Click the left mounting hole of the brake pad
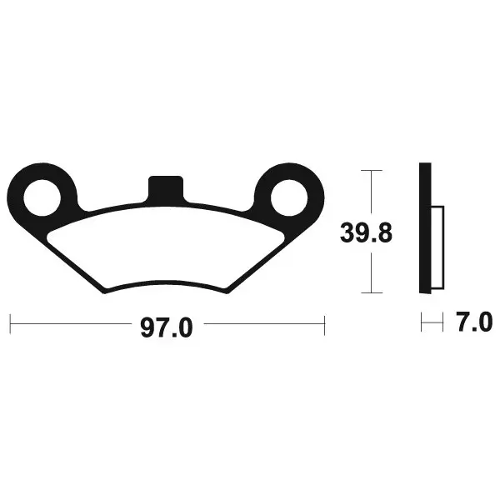42,197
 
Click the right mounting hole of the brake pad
289,197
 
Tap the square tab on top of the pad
166,189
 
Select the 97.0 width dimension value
167,327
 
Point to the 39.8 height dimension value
366,233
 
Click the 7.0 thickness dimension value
474,322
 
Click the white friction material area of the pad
166,247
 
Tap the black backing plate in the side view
425,228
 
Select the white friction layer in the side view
437,247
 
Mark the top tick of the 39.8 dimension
372,171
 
